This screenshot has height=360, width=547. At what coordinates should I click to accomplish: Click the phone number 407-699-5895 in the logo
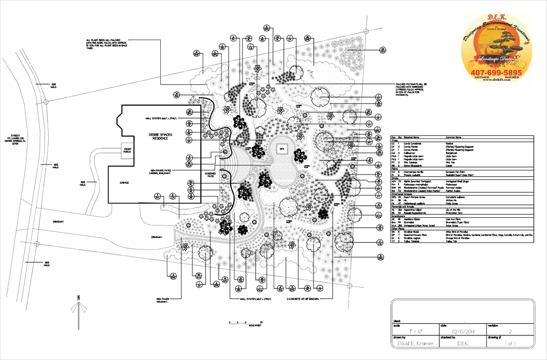coord(497,73)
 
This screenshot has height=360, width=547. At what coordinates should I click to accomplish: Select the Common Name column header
coord(454,137)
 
